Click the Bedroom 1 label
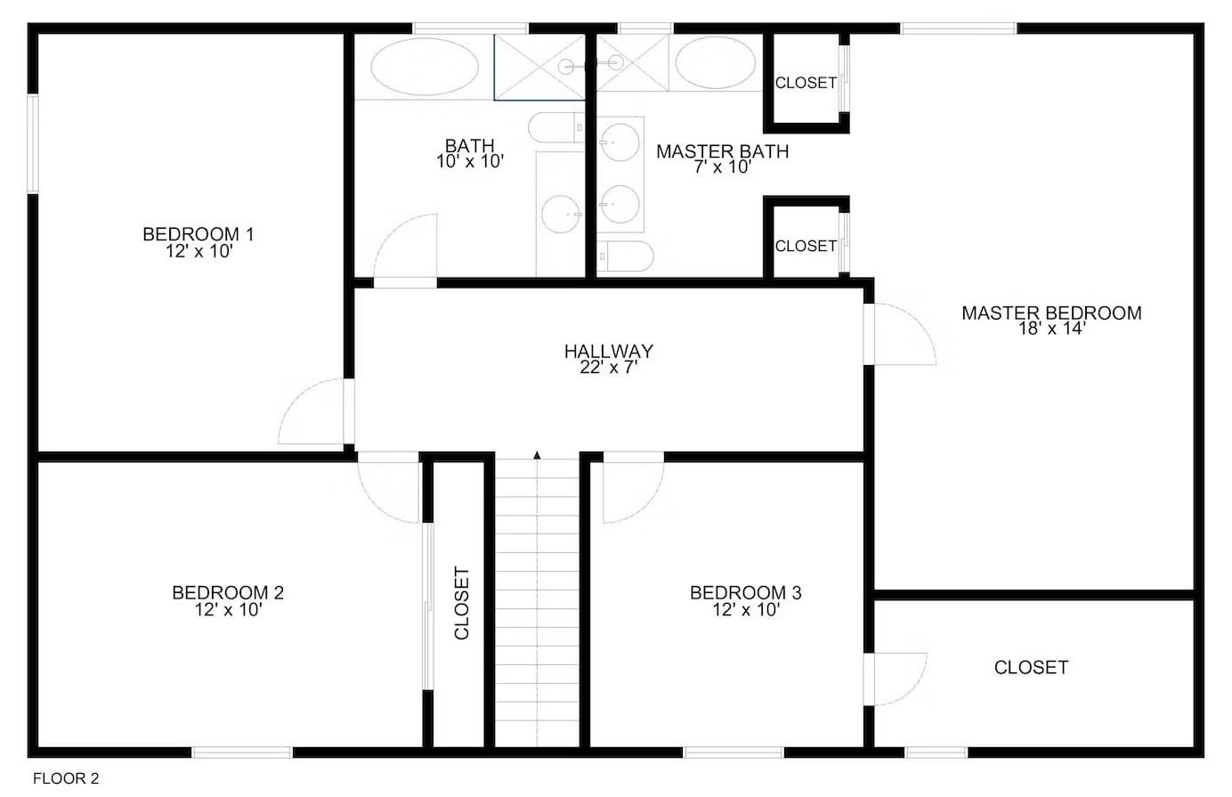[x=199, y=234]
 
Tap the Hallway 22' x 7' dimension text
[x=609, y=367]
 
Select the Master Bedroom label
[x=1051, y=313]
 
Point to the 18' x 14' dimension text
[x=1051, y=329]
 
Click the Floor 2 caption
[x=66, y=779]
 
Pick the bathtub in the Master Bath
[x=715, y=62]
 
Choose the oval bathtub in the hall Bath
[x=424, y=65]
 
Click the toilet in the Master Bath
[x=625, y=256]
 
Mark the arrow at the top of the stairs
[x=537, y=455]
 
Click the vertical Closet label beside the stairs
[x=461, y=603]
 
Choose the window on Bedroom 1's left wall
[x=33, y=143]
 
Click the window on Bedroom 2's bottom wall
[x=242, y=752]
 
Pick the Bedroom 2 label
[x=228, y=592]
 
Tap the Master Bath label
[x=722, y=151]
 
